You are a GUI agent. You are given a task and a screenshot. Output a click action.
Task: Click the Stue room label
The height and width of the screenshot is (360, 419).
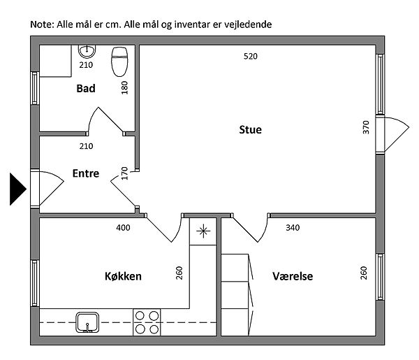251,130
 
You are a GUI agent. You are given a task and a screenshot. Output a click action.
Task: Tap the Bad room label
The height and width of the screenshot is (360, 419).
86,89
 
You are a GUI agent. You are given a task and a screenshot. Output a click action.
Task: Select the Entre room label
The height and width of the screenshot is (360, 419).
86,173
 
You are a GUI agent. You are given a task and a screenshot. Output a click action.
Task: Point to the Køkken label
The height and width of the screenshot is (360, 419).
123,276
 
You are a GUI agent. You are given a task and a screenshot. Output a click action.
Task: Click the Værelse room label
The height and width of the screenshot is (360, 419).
293,276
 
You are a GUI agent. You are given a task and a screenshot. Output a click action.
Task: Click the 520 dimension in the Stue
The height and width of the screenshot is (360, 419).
251,57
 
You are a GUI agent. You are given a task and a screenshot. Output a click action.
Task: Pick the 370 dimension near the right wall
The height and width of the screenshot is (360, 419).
366,127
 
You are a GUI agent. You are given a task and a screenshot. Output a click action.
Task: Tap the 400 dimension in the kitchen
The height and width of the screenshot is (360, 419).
123,228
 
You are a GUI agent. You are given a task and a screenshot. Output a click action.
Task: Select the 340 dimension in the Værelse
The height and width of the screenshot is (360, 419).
293,228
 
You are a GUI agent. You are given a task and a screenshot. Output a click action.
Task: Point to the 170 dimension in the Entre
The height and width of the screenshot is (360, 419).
124,173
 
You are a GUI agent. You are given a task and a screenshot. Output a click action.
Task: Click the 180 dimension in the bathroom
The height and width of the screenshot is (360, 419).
124,87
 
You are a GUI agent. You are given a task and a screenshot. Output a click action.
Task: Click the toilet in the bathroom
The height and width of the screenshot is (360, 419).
119,62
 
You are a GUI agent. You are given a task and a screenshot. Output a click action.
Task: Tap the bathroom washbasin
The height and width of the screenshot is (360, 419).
87,52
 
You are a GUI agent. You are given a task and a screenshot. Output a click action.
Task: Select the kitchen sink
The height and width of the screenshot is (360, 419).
87,322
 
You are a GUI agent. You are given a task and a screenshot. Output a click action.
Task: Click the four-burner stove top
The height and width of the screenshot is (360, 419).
147,322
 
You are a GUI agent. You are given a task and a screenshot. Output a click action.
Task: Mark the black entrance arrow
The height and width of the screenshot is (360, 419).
18,189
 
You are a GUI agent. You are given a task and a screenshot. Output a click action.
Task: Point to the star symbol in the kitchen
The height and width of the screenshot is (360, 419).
203,231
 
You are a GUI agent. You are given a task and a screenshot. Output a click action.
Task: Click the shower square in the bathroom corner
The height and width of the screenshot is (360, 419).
56,62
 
